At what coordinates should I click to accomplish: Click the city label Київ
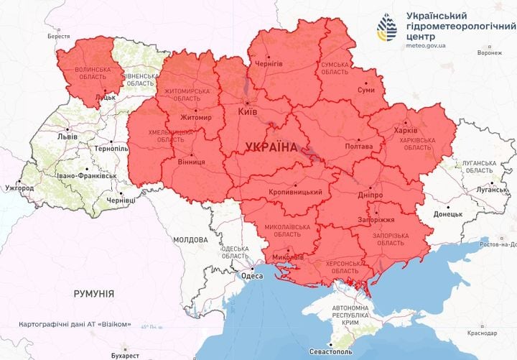249,112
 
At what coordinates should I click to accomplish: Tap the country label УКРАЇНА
271,147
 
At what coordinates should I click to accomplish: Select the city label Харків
406,131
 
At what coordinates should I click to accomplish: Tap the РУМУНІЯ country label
94,294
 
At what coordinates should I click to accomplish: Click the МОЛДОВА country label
190,239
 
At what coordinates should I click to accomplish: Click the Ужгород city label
19,188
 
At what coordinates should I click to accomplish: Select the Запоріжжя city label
373,221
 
